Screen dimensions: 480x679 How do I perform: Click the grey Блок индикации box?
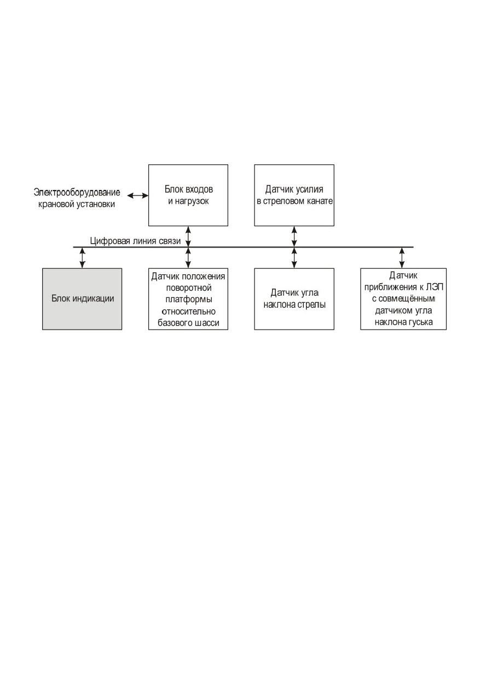(x=82, y=299)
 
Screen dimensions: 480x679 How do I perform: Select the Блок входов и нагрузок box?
(x=188, y=195)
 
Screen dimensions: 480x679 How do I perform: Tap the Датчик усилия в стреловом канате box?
(x=294, y=195)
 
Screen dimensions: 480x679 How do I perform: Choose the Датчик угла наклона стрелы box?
(x=294, y=299)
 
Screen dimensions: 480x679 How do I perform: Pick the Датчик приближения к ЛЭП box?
(x=403, y=299)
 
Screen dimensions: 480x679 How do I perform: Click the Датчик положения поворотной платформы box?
(x=188, y=299)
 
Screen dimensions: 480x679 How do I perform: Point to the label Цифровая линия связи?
(x=135, y=241)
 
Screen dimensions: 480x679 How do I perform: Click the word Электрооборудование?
(x=77, y=192)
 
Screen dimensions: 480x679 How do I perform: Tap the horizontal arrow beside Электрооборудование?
(x=137, y=195)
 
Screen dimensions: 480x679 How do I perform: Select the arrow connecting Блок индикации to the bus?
(x=82, y=258)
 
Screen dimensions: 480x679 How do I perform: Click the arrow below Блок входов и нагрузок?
(x=188, y=237)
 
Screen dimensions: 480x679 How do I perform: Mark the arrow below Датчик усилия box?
(x=294, y=237)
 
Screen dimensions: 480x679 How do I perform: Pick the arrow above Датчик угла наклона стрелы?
(x=294, y=258)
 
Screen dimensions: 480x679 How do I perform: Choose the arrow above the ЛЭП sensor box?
(x=402, y=258)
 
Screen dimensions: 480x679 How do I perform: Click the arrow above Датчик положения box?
(x=188, y=258)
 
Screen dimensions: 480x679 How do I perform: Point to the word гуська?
(x=419, y=322)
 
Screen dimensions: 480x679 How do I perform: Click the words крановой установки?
(x=77, y=204)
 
